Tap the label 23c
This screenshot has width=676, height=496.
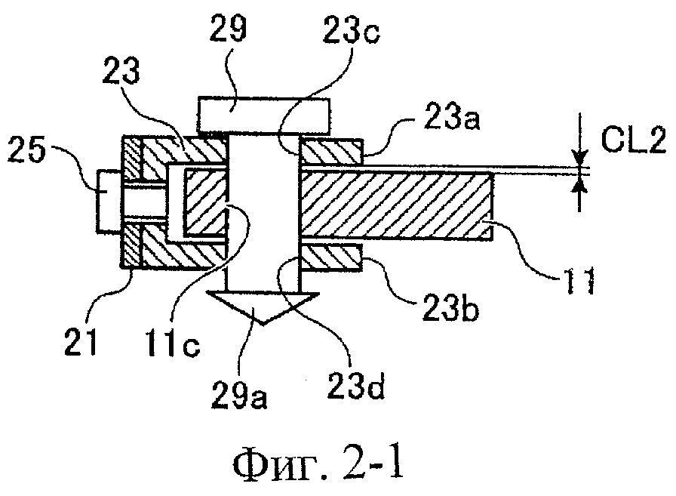click(351, 29)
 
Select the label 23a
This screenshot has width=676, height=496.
click(451, 116)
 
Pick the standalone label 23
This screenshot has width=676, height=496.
click(121, 71)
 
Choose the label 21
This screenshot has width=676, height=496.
click(81, 341)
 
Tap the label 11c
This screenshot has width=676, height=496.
click(173, 342)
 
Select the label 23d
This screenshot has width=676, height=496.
click(355, 385)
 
